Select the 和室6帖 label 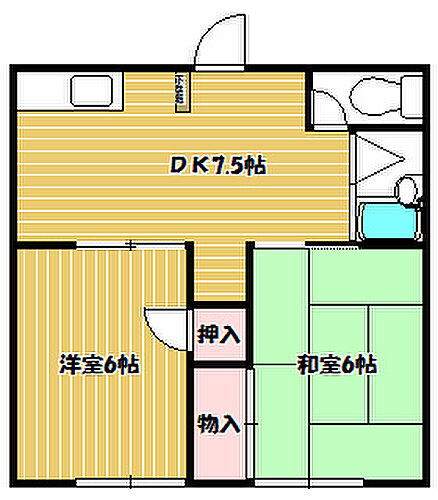[x=336, y=364]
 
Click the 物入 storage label [x=219, y=424]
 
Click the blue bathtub [x=388, y=221]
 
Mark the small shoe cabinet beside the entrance [x=184, y=94]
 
